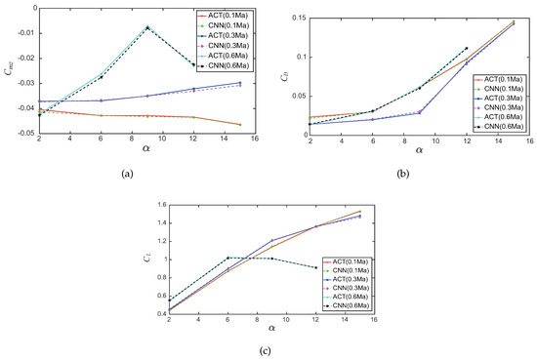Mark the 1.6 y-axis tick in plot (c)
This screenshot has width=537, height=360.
coord(152,205)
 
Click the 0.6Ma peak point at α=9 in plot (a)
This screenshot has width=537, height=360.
coord(147,27)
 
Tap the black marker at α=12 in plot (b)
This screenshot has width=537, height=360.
coord(467,48)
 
